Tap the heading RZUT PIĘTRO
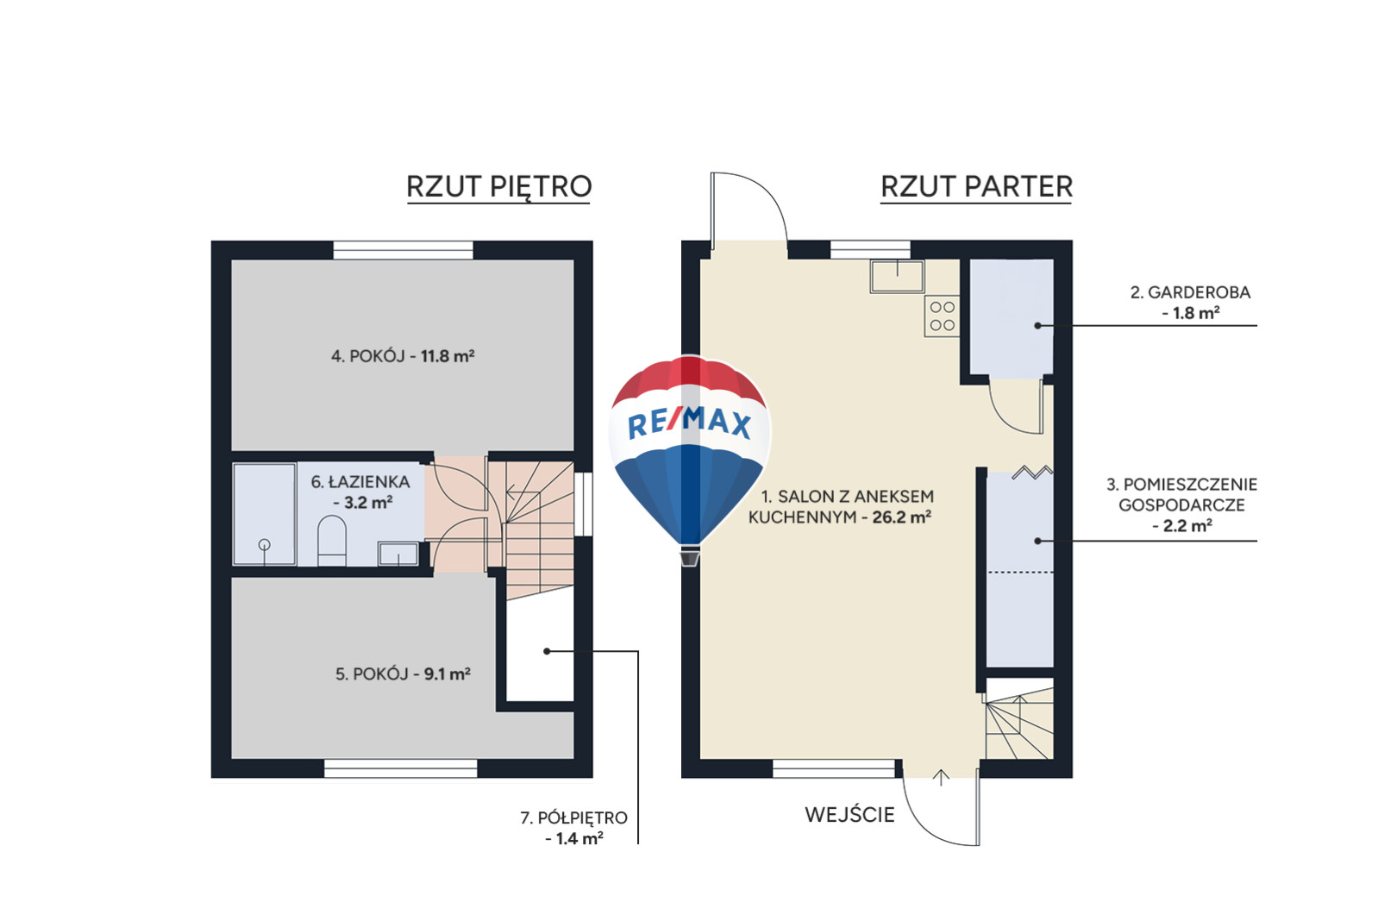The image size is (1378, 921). pyautogui.click(x=499, y=187)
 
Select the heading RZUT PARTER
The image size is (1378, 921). pyautogui.click(x=976, y=187)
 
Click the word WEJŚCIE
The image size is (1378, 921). pyautogui.click(x=849, y=815)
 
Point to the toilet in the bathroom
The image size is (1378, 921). pyautogui.click(x=332, y=540)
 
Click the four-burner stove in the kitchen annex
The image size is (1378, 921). pyautogui.click(x=942, y=316)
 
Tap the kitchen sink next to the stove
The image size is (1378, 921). pyautogui.click(x=897, y=276)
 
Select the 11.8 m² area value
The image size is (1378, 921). pyautogui.click(x=448, y=356)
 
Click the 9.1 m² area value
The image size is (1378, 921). pyautogui.click(x=448, y=674)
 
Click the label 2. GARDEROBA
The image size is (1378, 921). pyautogui.click(x=1190, y=292)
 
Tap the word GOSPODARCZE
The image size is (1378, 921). pyautogui.click(x=1181, y=505)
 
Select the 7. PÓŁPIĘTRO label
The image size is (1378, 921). pyautogui.click(x=574, y=818)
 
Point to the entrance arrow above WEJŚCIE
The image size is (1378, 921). pyautogui.click(x=941, y=778)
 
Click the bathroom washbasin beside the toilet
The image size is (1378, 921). pyautogui.click(x=398, y=554)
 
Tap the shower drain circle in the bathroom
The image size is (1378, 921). pyautogui.click(x=265, y=544)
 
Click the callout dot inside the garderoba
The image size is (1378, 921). pyautogui.click(x=1037, y=325)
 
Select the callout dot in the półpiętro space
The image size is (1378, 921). pyautogui.click(x=547, y=651)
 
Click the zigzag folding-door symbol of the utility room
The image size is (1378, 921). pyautogui.click(x=1032, y=473)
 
